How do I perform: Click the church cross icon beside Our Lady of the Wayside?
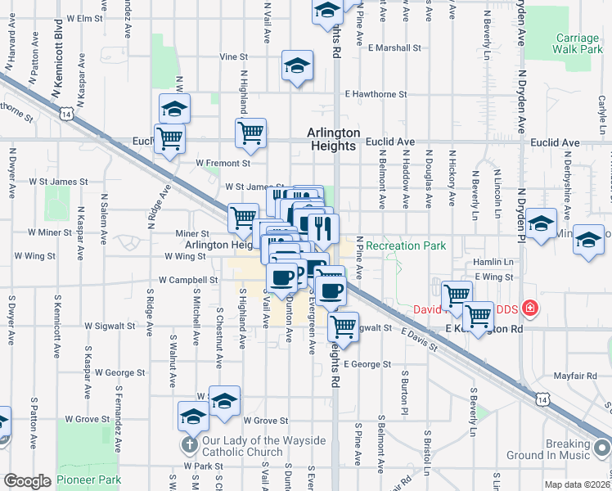[188, 446]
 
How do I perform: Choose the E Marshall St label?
[394, 47]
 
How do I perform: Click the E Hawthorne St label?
[376, 95]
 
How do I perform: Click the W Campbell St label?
[189, 279]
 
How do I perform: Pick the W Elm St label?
[86, 17]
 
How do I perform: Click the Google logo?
[27, 481]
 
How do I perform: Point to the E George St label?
[367, 364]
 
